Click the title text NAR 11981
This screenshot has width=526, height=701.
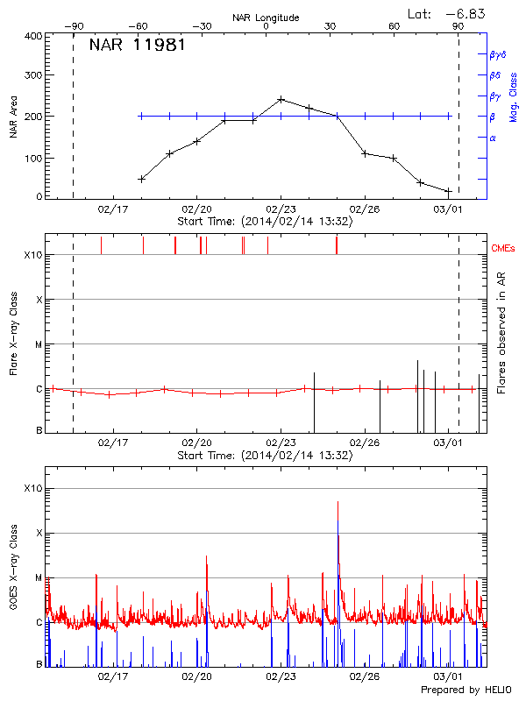coord(137,46)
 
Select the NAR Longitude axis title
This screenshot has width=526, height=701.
coord(266,18)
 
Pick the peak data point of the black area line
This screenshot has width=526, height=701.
coord(281,99)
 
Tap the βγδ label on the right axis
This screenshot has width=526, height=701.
coord(497,54)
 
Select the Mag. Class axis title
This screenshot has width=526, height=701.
coord(513,98)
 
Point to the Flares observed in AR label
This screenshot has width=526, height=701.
coord(501,332)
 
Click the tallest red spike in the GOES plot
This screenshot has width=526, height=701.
coord(338,502)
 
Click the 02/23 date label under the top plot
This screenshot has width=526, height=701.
coord(281,210)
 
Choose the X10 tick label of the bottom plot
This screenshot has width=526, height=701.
coord(32,488)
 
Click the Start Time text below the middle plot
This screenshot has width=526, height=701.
coord(265,456)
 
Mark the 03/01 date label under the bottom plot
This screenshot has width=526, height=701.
coord(448,677)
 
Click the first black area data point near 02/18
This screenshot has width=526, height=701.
coord(141,179)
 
